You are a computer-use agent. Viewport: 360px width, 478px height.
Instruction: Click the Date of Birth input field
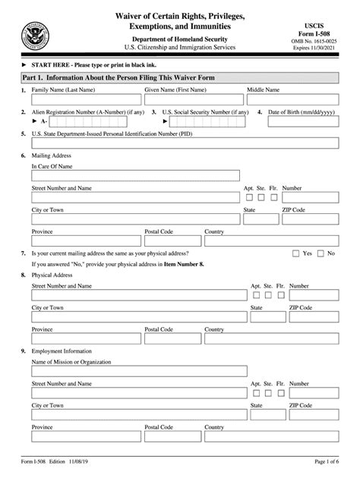click(x=304, y=121)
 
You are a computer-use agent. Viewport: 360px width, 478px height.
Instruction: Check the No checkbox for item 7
click(x=321, y=253)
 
